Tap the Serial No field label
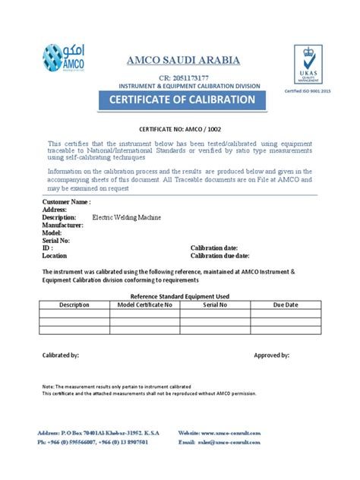tap(56, 240)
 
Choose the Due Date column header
tap(286, 305)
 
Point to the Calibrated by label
tap(60, 355)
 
